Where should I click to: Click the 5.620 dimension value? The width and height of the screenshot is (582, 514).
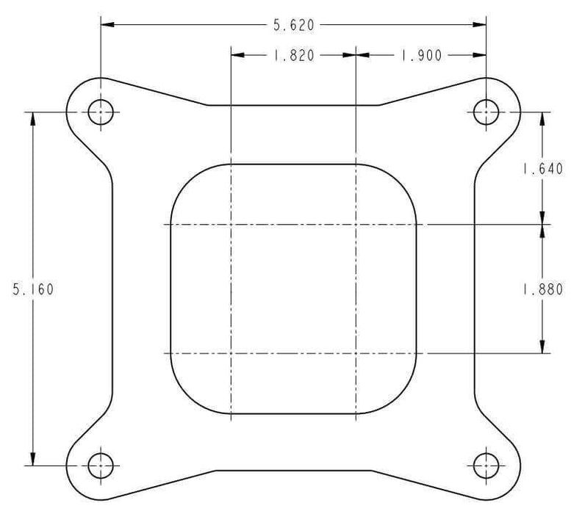point(294,25)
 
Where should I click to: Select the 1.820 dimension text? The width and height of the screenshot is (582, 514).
point(294,56)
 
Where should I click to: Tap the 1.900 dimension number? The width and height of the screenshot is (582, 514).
point(422,56)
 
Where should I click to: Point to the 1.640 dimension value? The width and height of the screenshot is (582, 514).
point(543,169)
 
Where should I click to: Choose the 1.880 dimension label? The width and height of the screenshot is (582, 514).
point(543,289)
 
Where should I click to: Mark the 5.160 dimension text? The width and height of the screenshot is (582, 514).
point(33,289)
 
